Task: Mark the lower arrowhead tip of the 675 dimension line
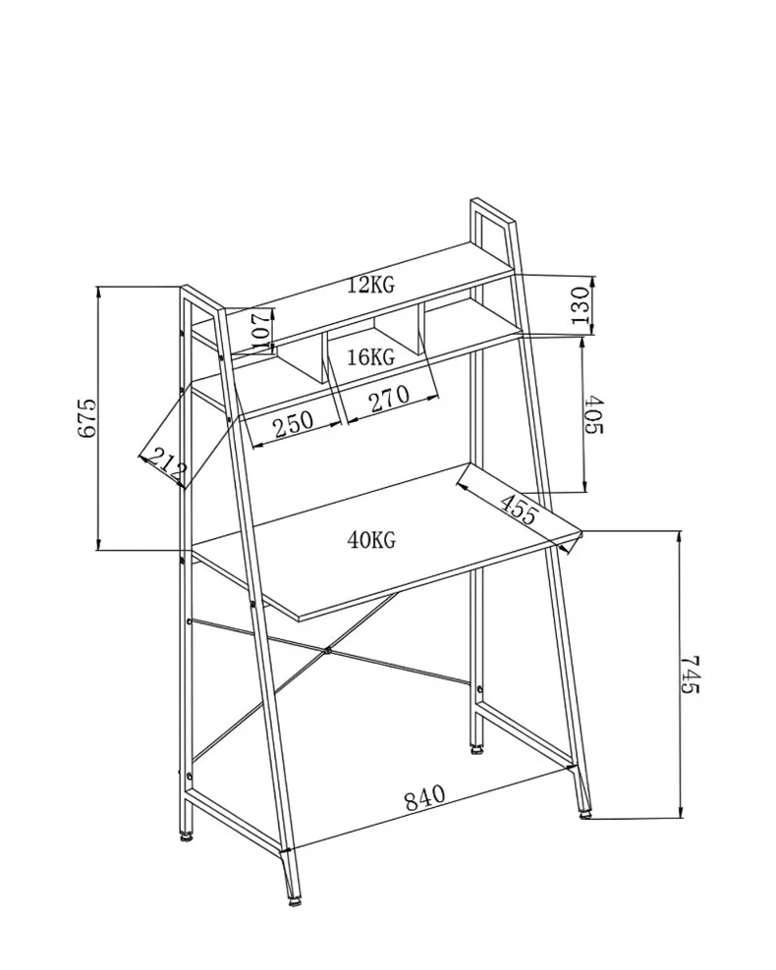pyautogui.click(x=99, y=550)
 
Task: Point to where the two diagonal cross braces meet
pyautogui.click(x=327, y=651)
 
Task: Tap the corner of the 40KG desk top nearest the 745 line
pyautogui.click(x=582, y=531)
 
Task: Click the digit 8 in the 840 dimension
pyautogui.click(x=413, y=802)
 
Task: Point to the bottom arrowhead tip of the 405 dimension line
pyautogui.click(x=584, y=493)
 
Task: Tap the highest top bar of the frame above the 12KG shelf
pyautogui.click(x=493, y=210)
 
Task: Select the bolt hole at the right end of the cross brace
pyautogui.click(x=478, y=689)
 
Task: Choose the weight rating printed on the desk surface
pyautogui.click(x=371, y=540)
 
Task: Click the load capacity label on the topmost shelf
pyautogui.click(x=370, y=285)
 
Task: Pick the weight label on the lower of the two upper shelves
pyautogui.click(x=370, y=357)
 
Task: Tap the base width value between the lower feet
pyautogui.click(x=425, y=798)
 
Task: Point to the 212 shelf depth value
pyautogui.click(x=164, y=464)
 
